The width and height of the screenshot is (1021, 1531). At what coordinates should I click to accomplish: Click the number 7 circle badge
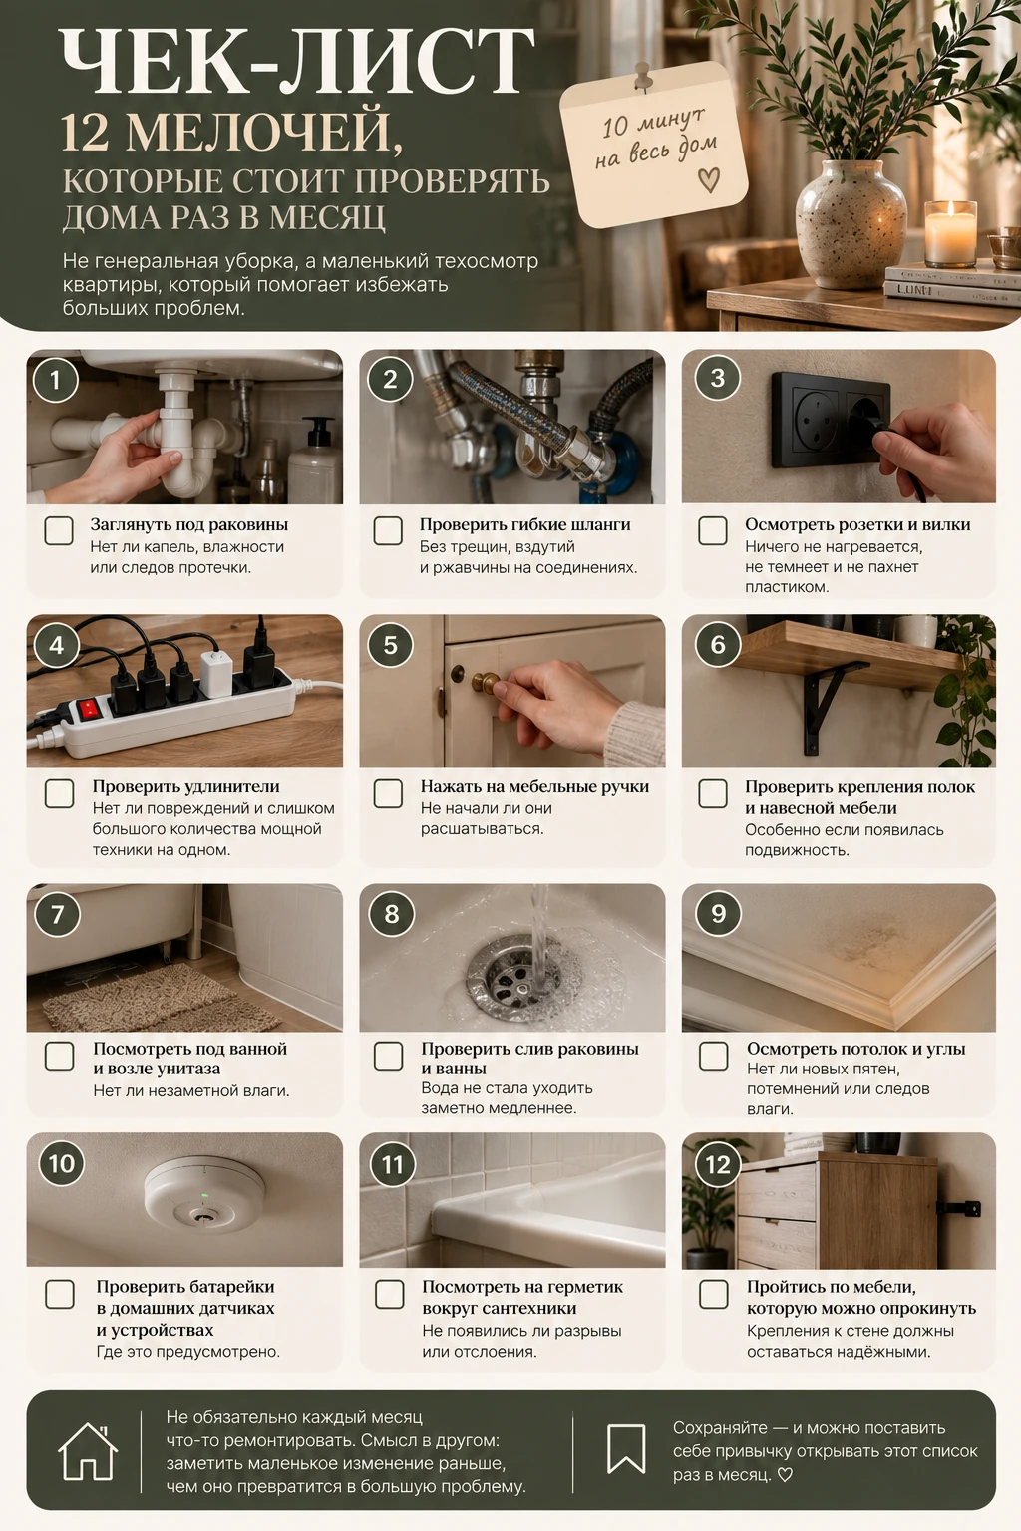[x=57, y=914]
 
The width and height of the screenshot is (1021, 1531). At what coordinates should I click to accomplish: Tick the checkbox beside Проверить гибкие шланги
[x=388, y=530]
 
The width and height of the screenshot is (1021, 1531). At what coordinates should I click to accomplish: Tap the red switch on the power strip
[x=88, y=710]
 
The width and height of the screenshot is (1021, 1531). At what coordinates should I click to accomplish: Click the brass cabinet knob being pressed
[x=487, y=682]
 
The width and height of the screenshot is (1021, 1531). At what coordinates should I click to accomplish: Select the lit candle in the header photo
[x=950, y=233]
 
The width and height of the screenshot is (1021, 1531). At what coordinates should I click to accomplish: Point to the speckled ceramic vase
[x=851, y=223]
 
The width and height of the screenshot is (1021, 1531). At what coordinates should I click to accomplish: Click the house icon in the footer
[x=88, y=1451]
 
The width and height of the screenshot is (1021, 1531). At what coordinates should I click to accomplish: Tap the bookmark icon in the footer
[x=626, y=1449]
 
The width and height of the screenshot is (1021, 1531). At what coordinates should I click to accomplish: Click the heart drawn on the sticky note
[x=709, y=179]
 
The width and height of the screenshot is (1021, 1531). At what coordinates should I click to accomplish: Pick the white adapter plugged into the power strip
[x=216, y=674]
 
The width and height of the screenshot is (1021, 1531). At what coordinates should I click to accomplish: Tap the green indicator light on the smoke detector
[x=203, y=1195]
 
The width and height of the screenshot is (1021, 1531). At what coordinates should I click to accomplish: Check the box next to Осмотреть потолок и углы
[x=713, y=1056]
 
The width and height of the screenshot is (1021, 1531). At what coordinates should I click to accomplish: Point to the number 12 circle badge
[x=718, y=1164]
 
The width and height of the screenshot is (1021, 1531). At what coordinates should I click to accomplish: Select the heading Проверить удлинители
[x=186, y=786]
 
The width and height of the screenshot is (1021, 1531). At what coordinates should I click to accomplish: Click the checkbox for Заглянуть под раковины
[x=59, y=530]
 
